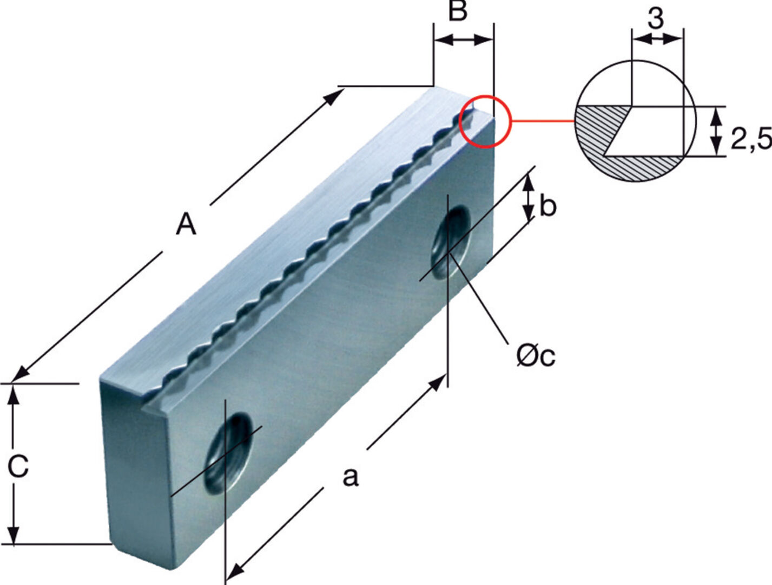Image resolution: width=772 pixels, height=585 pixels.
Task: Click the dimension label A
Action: click(x=186, y=224)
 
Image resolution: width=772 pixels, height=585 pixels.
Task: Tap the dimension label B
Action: click(x=458, y=11)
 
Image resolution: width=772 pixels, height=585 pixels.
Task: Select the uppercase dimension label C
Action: click(x=18, y=466)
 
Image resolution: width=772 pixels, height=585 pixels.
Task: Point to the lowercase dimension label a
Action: click(x=351, y=477)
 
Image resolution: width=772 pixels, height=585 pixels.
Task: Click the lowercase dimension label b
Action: click(x=547, y=206)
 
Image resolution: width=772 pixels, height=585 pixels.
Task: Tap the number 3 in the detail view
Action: click(x=655, y=19)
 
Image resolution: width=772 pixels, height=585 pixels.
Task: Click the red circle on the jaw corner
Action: click(x=485, y=121)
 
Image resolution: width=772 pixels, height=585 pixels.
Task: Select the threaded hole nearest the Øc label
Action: click(x=451, y=242)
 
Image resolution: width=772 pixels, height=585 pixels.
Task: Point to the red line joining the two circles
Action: click(x=542, y=121)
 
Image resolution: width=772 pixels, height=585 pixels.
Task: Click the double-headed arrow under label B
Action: click(x=464, y=40)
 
